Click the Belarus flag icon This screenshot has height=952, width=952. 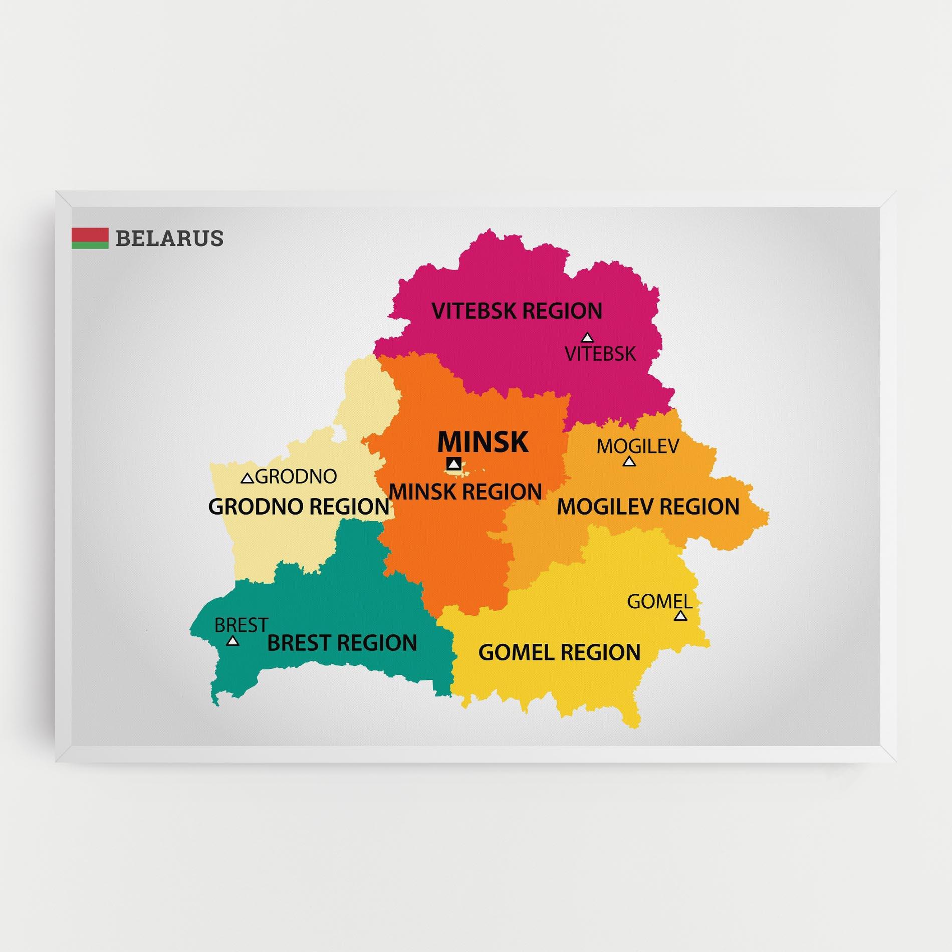[90, 238]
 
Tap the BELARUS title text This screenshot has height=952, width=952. [169, 239]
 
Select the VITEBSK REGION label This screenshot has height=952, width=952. [517, 311]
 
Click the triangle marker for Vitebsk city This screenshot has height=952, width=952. [587, 338]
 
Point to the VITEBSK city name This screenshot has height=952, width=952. [600, 354]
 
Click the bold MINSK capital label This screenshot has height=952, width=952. [483, 442]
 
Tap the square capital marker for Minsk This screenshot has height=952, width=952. [454, 464]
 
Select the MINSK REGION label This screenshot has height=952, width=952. [465, 492]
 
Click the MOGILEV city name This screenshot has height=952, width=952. [637, 445]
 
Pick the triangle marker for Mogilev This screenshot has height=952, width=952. [629, 461]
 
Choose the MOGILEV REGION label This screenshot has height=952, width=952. [648, 507]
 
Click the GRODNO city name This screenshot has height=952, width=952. [296, 477]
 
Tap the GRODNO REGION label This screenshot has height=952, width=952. [299, 507]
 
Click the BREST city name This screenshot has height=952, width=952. [241, 625]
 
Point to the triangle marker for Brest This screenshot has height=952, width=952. [232, 641]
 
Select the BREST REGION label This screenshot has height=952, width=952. [342, 643]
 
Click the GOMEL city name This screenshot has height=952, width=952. [659, 601]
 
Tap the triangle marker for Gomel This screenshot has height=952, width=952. [680, 616]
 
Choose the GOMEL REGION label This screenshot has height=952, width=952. [559, 652]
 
